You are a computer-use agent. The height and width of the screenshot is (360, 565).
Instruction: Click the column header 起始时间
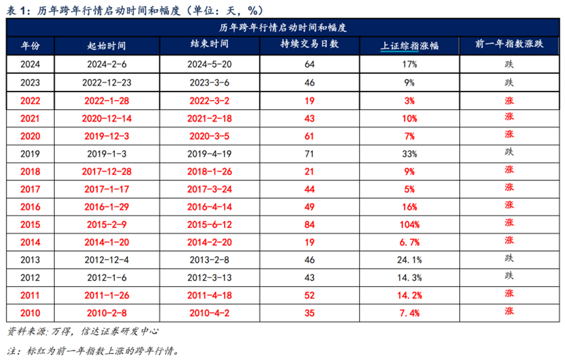pos(106,46)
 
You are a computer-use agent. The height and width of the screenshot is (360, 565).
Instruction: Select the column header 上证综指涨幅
pos(409,46)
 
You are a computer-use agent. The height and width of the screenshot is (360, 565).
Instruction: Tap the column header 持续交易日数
pos(310,46)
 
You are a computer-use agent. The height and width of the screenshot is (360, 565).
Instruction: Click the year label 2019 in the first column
pos(30,153)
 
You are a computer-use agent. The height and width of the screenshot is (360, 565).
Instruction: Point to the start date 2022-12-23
pos(106,82)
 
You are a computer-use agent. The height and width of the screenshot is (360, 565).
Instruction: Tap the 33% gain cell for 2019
pos(410,153)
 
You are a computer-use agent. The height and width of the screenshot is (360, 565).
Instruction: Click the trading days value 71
pos(310,153)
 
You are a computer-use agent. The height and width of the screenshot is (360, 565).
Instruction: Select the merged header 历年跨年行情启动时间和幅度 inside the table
pos(282,28)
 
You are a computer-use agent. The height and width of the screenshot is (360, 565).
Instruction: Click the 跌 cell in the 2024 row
pos(509,65)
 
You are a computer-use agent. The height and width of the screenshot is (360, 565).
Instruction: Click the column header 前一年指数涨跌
pos(509,46)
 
